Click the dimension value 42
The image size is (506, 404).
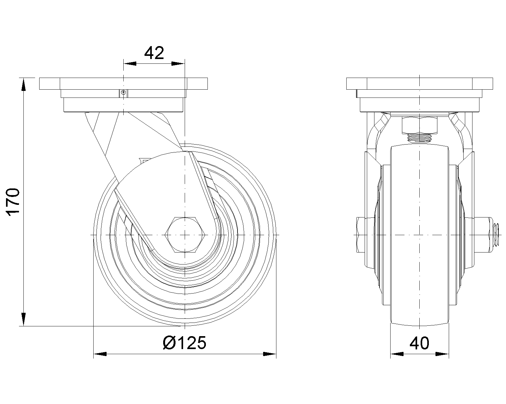[x=154, y=53]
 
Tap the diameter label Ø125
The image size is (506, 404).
[x=184, y=342]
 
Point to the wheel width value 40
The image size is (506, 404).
[x=419, y=343]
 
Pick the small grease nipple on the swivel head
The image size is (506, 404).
[x=124, y=92]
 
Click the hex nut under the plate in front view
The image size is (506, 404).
[x=419, y=125]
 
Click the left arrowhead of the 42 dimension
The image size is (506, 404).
[x=130, y=64]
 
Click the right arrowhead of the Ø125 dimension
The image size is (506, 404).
[x=269, y=354]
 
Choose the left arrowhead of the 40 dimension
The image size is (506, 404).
[x=397, y=354]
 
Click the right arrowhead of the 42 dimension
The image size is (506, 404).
[x=178, y=64]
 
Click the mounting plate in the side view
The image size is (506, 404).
[x=123, y=84]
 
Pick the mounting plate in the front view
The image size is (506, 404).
[x=419, y=84]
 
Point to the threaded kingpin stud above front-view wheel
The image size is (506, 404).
[x=419, y=138]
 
